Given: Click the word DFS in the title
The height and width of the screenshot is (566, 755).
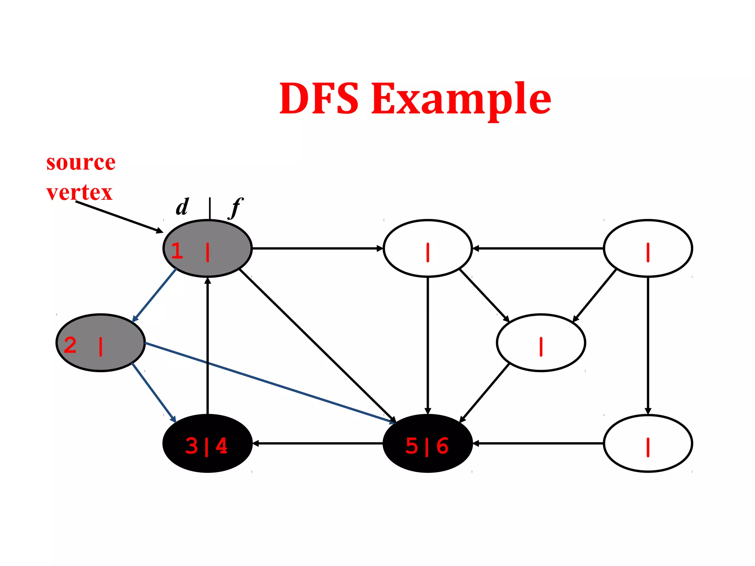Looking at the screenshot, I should click(x=319, y=98).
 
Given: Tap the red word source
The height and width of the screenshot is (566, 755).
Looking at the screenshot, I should click(x=81, y=163).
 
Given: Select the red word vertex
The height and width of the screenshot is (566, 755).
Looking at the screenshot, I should click(x=79, y=193).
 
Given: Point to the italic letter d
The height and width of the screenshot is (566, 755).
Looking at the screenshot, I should click(x=182, y=207).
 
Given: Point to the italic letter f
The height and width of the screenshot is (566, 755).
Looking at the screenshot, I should click(x=236, y=208).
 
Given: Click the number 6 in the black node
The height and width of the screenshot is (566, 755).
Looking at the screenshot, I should click(x=442, y=446).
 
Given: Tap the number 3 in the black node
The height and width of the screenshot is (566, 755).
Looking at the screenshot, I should click(x=192, y=446).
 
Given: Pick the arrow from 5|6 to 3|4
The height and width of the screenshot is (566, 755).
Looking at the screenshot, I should click(x=317, y=443).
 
